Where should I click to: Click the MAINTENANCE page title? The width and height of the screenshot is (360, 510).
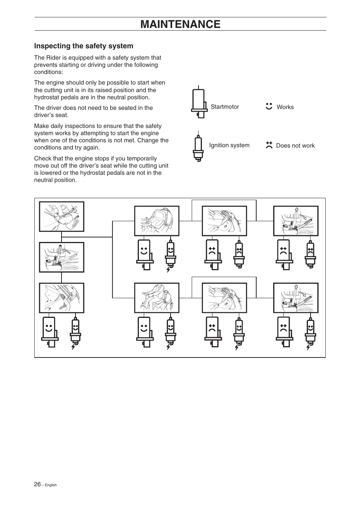pos(180,24)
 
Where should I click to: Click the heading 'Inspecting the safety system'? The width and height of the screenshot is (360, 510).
pos(84,46)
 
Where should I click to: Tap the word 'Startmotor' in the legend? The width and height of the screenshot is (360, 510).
pos(225,107)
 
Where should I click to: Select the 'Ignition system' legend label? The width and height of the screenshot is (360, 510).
pos(229,145)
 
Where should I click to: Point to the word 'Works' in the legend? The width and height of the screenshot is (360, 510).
pos(285,107)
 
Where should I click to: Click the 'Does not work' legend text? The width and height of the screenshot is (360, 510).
pos(295,146)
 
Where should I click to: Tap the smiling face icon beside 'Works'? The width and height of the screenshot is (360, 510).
pos(269,106)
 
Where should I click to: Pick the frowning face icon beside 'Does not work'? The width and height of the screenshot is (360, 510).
pos(269,145)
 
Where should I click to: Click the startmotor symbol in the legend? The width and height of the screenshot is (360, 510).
pos(199,103)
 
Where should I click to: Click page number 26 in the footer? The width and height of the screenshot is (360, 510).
pos(37,484)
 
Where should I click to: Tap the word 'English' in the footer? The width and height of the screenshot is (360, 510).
pos(51,485)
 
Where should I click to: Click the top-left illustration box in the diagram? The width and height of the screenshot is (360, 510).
pos(62,217)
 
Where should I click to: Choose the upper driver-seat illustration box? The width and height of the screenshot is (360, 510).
pos(157,221)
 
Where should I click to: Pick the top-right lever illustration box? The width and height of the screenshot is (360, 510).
pos(296,221)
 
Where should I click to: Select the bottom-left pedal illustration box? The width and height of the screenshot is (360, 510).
pos(62,298)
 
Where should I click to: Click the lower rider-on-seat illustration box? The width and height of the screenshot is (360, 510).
pos(157,298)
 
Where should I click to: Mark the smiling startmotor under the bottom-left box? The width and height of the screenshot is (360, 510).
pos(49,331)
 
